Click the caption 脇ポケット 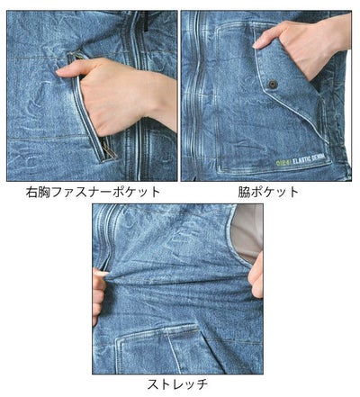269,192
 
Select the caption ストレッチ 180,384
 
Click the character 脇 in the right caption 246,192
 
